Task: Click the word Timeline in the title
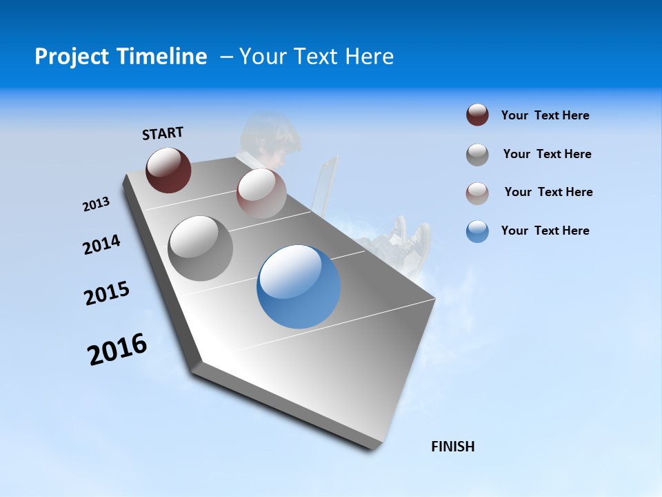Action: click(162, 57)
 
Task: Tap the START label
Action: click(163, 133)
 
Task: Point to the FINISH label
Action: click(453, 447)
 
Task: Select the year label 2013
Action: click(97, 204)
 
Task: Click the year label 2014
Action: click(102, 244)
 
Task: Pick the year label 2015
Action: click(107, 293)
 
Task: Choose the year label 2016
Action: click(117, 349)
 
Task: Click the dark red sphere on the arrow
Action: click(168, 170)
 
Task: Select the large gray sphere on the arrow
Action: click(201, 248)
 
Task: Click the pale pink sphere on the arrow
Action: click(261, 193)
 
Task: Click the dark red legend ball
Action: click(477, 115)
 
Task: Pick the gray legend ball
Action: click(477, 155)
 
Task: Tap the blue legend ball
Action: click(477, 231)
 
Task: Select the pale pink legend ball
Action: click(477, 193)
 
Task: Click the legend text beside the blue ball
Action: click(545, 231)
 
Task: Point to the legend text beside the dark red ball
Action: click(545, 115)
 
